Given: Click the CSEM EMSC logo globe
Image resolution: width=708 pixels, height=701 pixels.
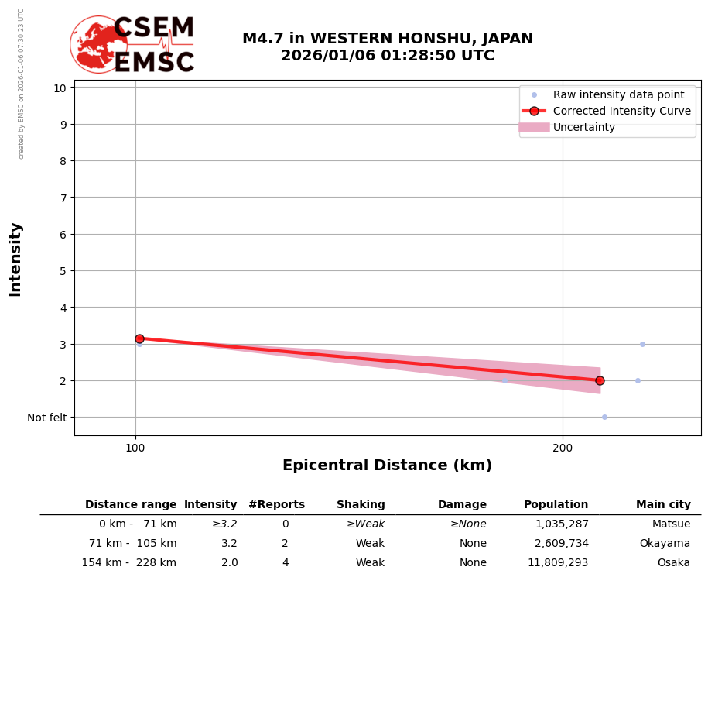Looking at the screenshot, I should click(x=98, y=45).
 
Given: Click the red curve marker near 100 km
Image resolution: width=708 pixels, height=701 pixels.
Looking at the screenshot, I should click(x=139, y=338).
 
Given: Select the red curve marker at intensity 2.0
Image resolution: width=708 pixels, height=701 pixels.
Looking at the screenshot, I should click(x=600, y=380).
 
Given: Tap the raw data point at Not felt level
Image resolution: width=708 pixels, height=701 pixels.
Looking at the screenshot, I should click(x=604, y=417).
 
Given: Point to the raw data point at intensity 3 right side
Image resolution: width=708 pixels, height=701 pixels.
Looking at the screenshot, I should click(x=642, y=344).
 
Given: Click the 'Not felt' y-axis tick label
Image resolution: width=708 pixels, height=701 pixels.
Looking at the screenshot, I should click(x=47, y=418).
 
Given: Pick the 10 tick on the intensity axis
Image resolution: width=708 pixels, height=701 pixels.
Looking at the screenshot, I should click(x=60, y=88).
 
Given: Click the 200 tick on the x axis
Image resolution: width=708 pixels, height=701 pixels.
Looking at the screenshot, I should click(x=563, y=448).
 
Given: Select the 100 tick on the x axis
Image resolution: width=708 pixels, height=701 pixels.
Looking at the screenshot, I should click(x=135, y=448).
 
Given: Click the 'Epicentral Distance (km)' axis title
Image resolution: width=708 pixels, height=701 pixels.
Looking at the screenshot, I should click(x=387, y=466).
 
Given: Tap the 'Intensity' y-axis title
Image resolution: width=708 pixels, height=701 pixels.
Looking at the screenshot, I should click(x=16, y=259).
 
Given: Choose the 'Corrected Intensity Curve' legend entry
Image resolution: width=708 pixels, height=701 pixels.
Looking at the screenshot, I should click(x=621, y=111).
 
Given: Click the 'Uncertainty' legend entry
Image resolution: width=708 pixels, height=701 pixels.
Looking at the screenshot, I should click(x=584, y=127).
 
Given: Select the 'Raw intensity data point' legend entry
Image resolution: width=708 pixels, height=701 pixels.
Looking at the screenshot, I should click(x=618, y=94).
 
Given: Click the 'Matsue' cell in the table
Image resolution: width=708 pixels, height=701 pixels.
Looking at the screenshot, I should click(x=671, y=524).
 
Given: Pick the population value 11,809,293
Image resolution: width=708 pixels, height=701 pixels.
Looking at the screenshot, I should click(x=558, y=563).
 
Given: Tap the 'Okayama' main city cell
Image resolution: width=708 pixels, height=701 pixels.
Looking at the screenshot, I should click(x=665, y=544).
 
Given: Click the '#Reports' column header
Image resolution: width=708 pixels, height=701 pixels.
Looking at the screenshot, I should click(x=276, y=505).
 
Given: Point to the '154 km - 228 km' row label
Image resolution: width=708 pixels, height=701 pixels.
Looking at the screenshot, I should click(x=129, y=563).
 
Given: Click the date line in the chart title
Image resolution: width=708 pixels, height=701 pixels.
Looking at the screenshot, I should click(x=387, y=56).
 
